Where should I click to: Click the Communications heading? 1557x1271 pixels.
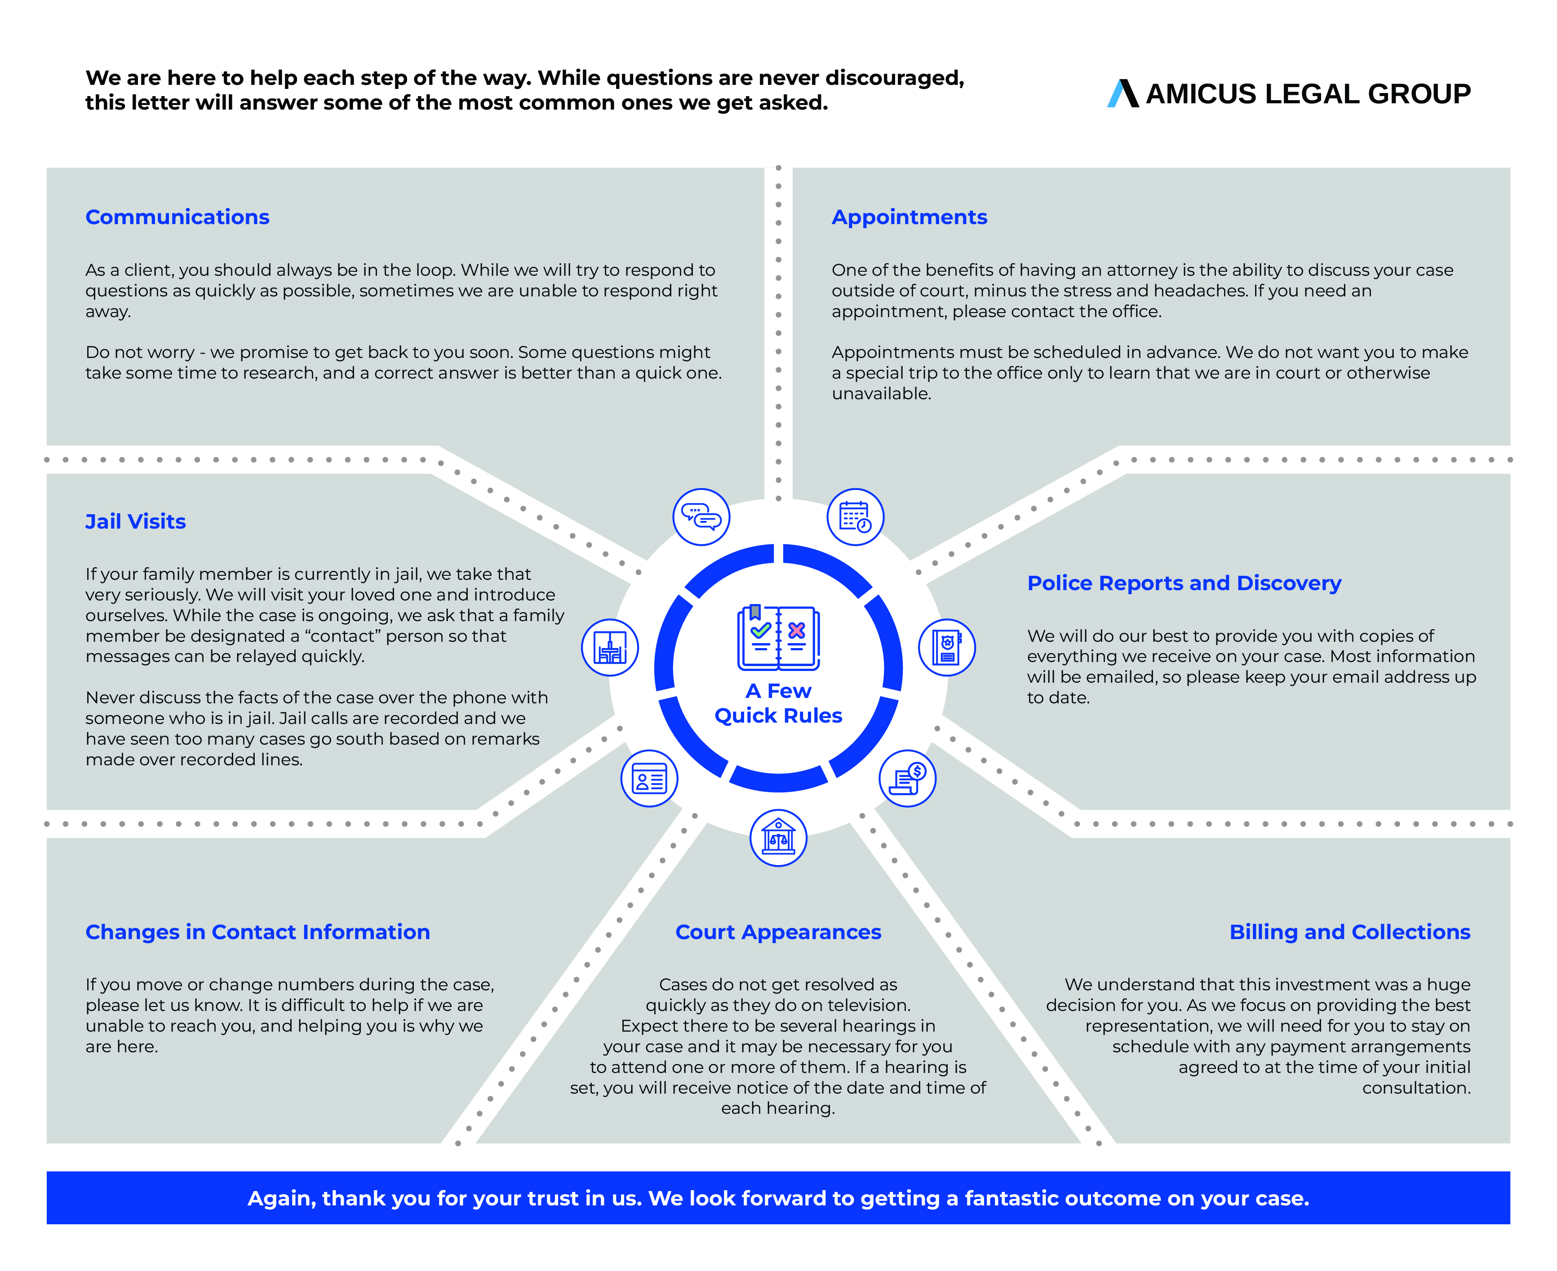pyautogui.click(x=177, y=217)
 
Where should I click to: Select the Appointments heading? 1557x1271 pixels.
pyautogui.click(x=909, y=217)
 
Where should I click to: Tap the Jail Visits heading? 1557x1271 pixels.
pyautogui.click(x=136, y=521)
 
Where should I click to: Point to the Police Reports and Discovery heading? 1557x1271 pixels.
pyautogui.click(x=1184, y=583)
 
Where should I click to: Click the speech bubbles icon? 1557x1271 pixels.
pyautogui.click(x=701, y=517)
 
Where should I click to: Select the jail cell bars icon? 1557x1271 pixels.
pyautogui.click(x=609, y=647)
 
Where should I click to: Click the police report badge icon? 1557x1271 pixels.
pyautogui.click(x=946, y=647)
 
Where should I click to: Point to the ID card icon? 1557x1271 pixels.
pyautogui.click(x=649, y=778)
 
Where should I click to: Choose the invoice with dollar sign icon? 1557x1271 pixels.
pyautogui.click(x=907, y=778)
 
